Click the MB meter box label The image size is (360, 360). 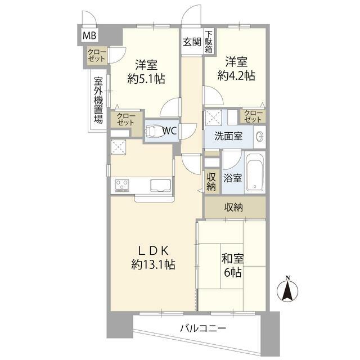pos(89,35)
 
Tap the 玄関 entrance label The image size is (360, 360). pos(192,42)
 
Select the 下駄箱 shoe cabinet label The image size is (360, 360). pos(209,42)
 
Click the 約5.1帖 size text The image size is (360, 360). pos(146,79)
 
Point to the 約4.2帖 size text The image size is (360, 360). pos(236,76)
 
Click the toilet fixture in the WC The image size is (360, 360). pos(154,131)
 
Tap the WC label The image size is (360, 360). pos(169,131)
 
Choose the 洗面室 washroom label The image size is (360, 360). pos(228,136)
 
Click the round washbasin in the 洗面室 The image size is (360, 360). pos(260,137)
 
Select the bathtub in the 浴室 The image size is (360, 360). pos(255,172)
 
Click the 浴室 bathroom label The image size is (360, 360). pos(232,178)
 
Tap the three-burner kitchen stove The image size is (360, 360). pos(122,186)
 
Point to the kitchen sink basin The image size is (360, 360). pos(161,185)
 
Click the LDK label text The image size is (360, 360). pos(154,251)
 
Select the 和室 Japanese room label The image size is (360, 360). pos(232,259)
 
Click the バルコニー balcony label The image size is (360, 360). pos(203,328)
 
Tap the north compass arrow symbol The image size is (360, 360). pos(287,290)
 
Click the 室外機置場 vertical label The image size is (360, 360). pos(98,100)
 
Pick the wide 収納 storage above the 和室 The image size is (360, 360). pos(235,208)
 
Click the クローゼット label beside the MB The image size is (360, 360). pos(97,55)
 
